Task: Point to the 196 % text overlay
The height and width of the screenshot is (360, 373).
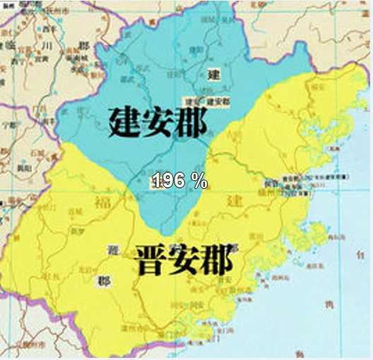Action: click(x=179, y=180)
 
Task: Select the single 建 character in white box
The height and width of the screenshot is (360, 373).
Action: click(x=213, y=74)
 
